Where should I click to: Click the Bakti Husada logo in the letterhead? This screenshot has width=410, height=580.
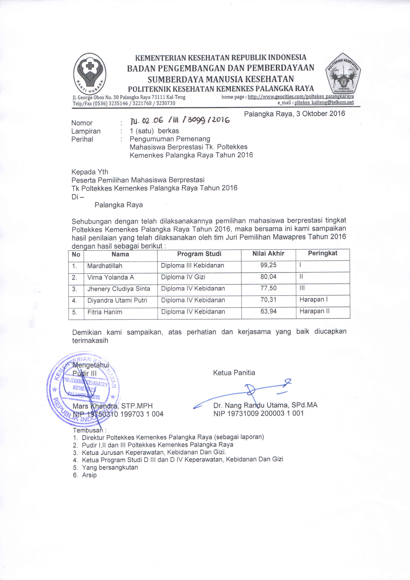tap(90, 74)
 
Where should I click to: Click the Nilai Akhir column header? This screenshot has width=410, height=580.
tap(268, 253)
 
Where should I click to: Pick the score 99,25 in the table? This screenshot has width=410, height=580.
tap(268, 265)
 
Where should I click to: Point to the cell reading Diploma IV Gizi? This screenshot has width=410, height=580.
tap(183, 277)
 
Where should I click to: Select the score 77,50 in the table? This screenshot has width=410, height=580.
tap(268, 288)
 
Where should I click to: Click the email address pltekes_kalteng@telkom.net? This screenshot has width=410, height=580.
tap(324, 102)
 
